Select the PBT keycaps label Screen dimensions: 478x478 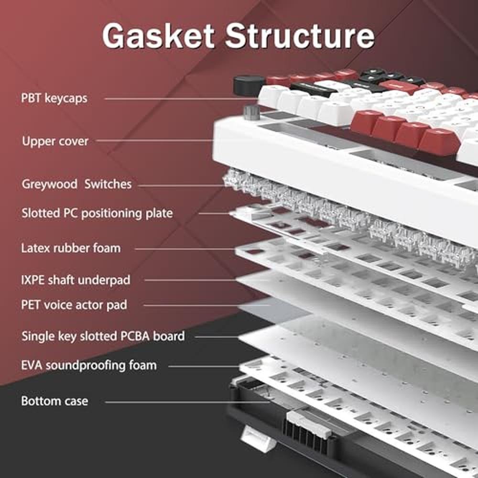54,98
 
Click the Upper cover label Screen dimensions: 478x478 55,141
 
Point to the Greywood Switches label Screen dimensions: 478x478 76,184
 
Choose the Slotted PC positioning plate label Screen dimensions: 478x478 97,213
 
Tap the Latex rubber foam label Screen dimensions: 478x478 71,248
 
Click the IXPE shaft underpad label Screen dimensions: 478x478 76,280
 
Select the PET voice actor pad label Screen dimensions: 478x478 74,305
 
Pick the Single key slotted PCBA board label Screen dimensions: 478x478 103,336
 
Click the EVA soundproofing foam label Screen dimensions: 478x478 89,365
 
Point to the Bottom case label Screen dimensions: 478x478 54,401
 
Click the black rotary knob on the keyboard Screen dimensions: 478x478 249,86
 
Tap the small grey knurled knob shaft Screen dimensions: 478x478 251,112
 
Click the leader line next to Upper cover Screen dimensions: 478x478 154,141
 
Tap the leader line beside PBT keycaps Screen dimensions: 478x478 181,98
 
